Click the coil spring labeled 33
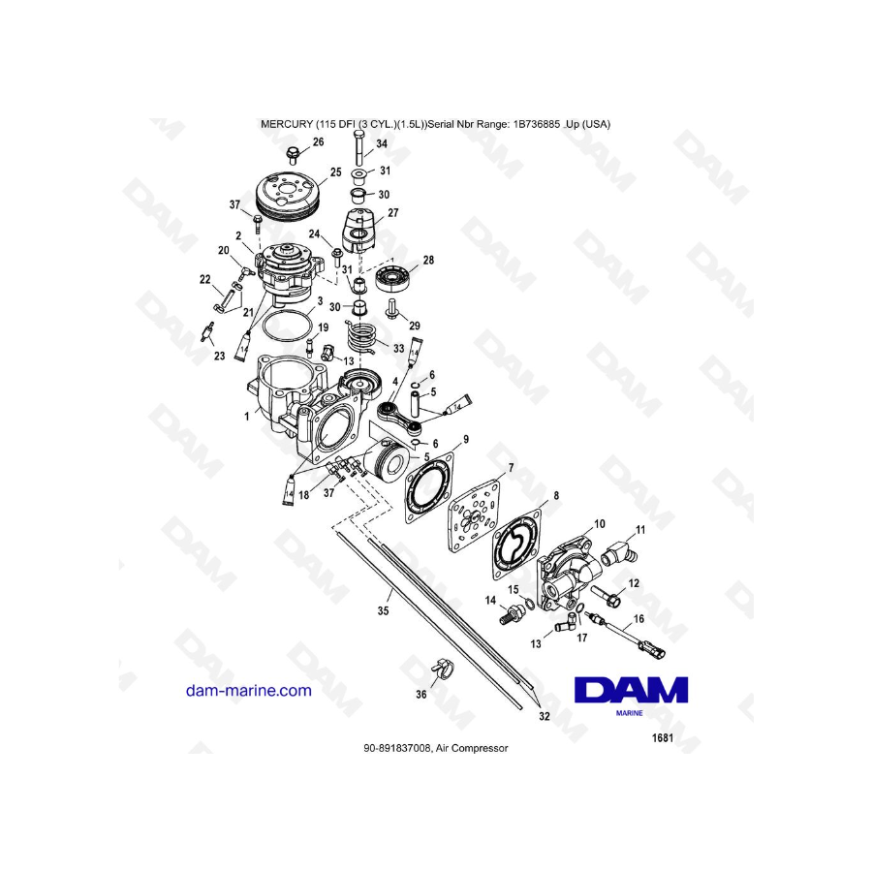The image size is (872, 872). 361,336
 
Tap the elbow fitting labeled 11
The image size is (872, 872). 619,553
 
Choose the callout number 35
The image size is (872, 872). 383,610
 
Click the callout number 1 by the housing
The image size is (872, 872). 247,416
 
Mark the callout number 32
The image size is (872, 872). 545,716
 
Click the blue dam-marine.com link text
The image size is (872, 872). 249,690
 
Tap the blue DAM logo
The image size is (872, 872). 631,691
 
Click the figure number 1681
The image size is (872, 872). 663,738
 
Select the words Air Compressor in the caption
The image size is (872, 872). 472,748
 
